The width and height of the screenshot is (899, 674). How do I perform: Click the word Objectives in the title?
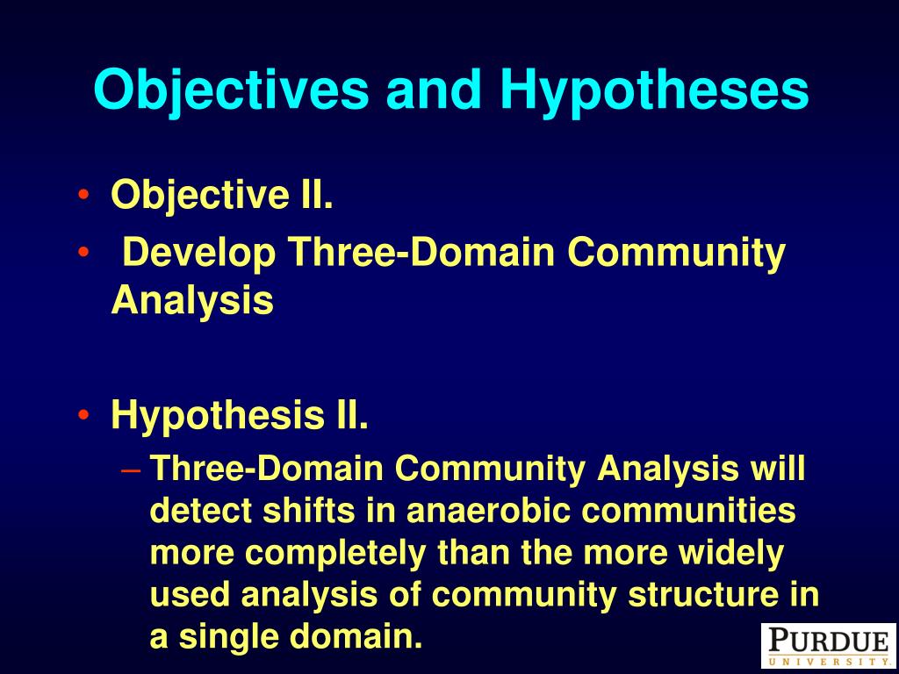click(231, 90)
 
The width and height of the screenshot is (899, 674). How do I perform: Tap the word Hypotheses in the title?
click(654, 90)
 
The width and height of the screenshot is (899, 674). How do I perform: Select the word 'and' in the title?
click(434, 90)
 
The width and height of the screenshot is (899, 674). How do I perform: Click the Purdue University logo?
click(829, 645)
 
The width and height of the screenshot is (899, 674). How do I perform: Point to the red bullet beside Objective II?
click(83, 195)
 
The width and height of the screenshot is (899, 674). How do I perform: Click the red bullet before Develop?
click(83, 252)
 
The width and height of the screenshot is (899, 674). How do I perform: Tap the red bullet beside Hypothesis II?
click(83, 414)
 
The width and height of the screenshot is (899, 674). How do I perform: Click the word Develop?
click(199, 253)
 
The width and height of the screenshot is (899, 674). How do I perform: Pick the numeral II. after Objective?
click(316, 194)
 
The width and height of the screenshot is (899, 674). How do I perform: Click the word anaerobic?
click(488, 510)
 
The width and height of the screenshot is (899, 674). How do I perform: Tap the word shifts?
click(309, 510)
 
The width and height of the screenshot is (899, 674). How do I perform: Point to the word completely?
click(336, 554)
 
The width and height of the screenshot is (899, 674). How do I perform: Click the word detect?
click(201, 510)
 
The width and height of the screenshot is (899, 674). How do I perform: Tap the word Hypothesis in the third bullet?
click(218, 415)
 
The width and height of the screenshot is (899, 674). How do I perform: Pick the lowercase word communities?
click(688, 510)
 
